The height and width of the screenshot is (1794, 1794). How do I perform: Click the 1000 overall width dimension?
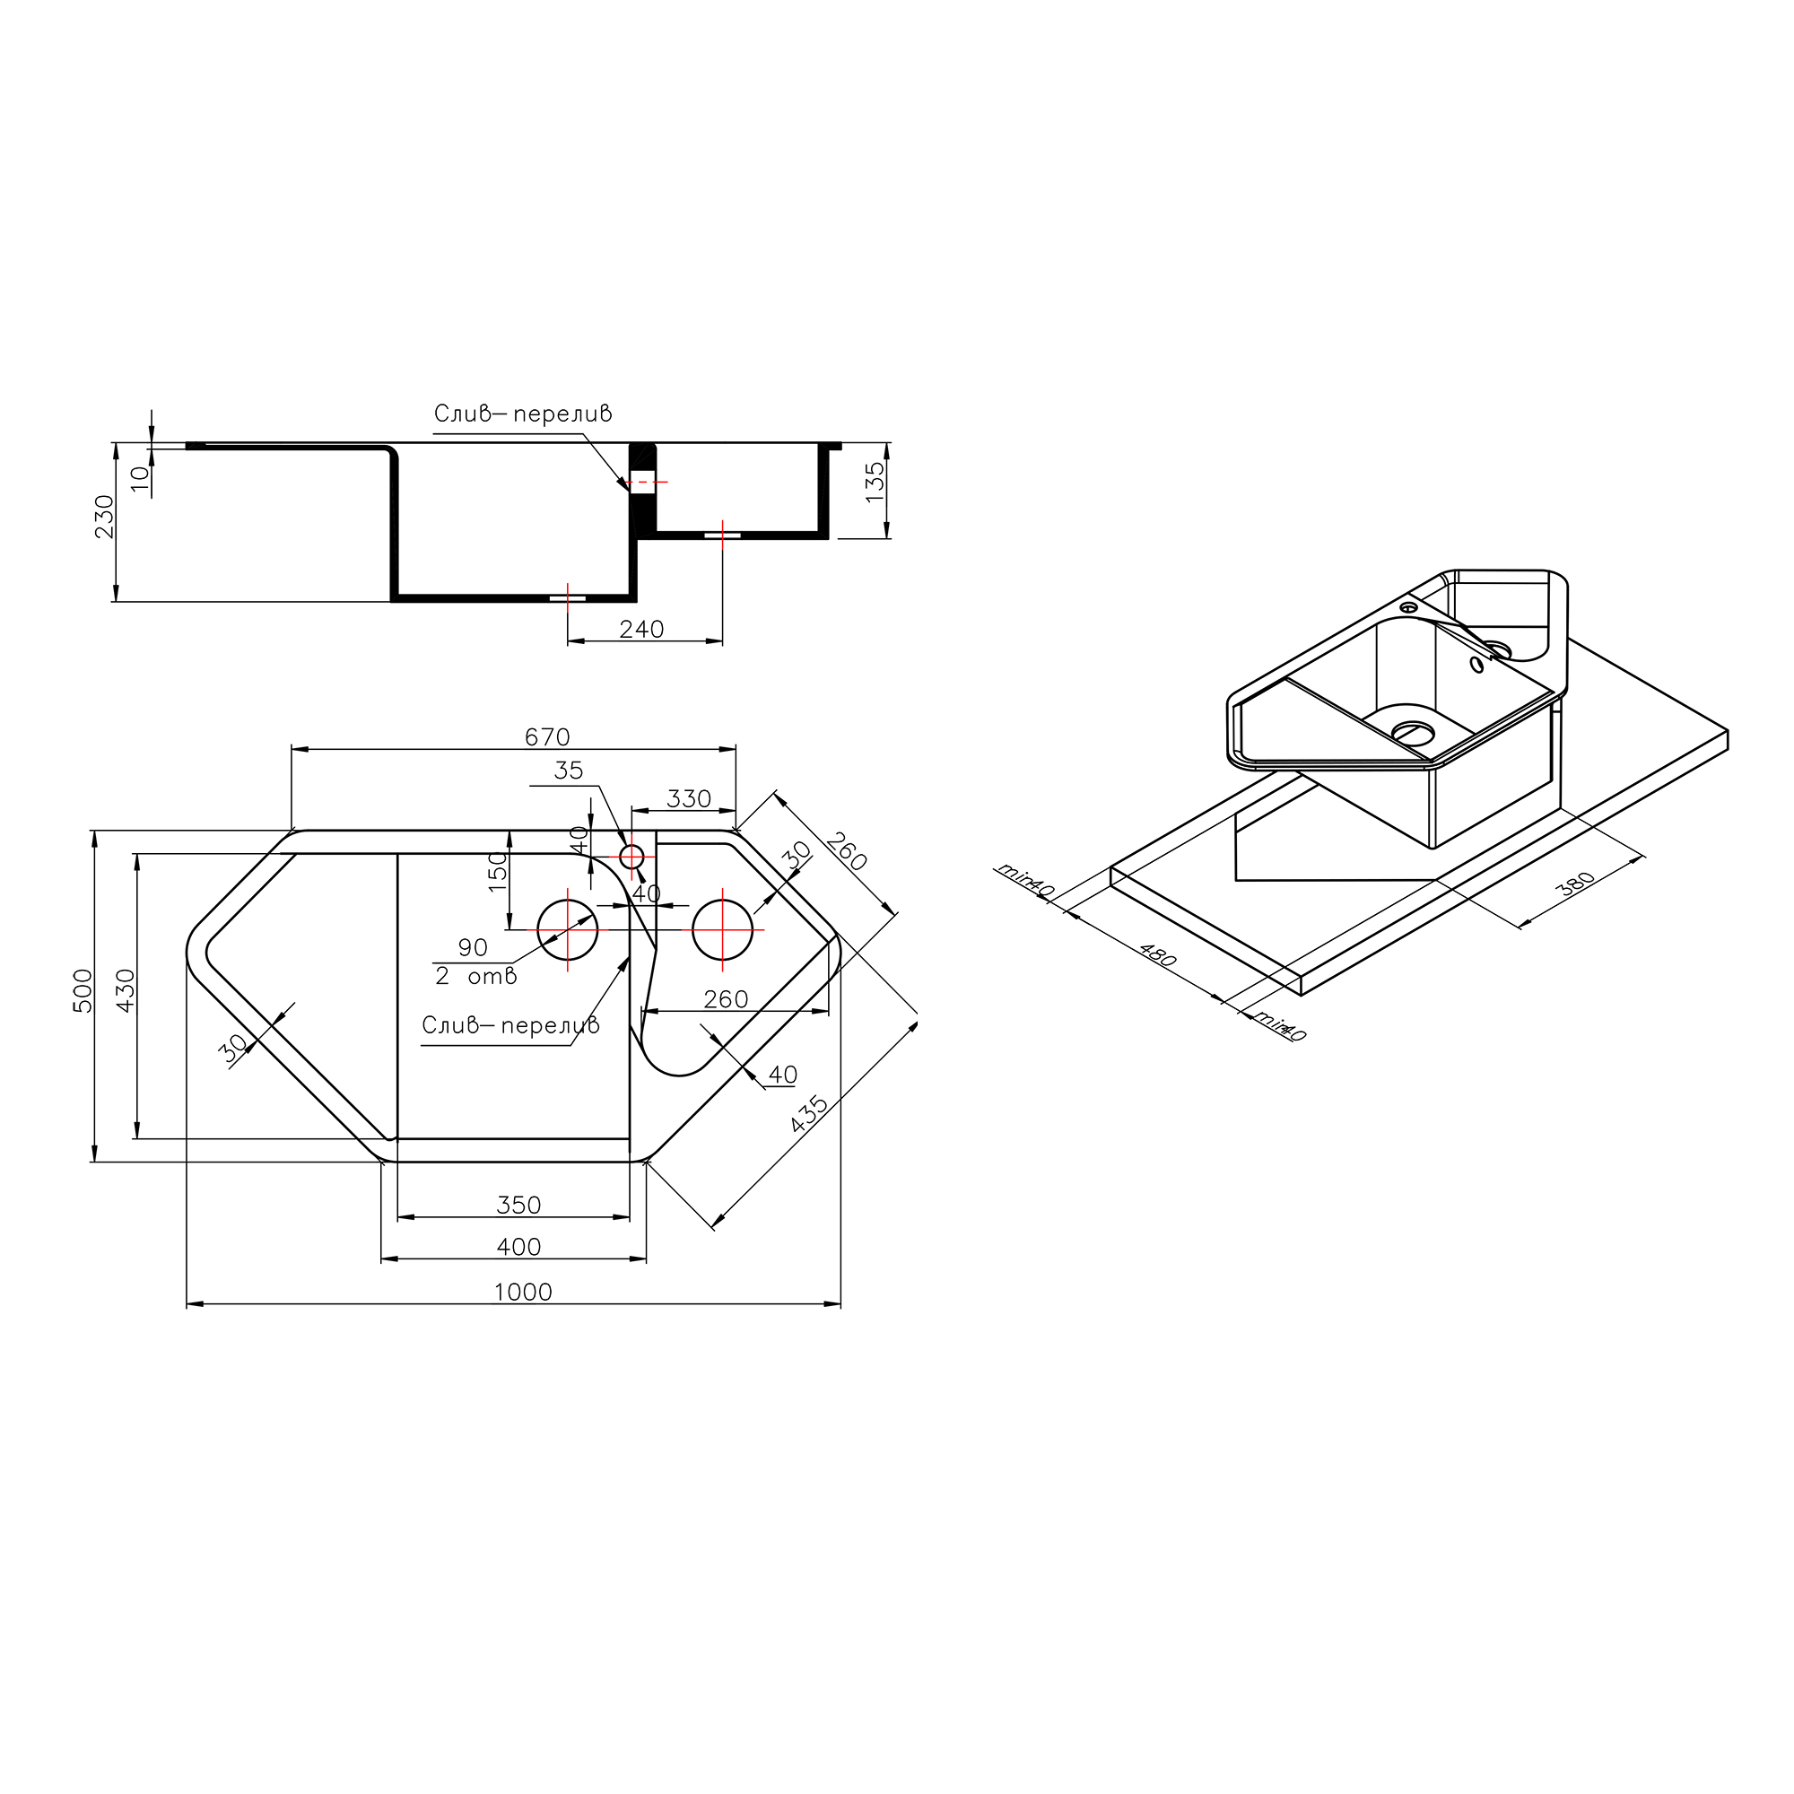[523, 1293]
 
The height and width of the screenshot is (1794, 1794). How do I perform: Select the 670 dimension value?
[547, 737]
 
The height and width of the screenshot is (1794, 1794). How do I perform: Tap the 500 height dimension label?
[83, 991]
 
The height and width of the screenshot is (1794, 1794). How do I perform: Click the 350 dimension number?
[518, 1206]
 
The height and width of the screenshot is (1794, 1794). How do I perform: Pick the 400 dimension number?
[518, 1247]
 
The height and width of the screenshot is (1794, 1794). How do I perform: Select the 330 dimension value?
[689, 798]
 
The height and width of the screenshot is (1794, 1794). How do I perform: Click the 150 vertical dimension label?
[498, 871]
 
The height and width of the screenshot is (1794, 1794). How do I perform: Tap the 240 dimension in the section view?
[641, 630]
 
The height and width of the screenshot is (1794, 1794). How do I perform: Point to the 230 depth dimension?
[104, 517]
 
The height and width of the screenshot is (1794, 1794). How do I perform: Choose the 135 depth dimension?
[875, 483]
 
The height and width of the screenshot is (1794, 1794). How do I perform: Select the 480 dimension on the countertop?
[1158, 956]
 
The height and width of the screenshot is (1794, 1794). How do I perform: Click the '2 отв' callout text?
[475, 977]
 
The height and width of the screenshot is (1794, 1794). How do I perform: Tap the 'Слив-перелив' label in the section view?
[523, 414]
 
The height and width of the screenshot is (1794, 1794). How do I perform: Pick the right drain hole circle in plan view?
[722, 929]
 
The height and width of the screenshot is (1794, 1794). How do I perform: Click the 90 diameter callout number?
[473, 948]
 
